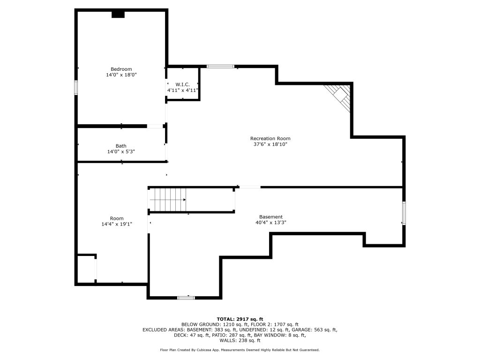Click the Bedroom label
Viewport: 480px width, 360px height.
[121, 69]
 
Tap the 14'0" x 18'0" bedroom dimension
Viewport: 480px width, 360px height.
[121, 75]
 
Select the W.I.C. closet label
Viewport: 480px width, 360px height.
[182, 84]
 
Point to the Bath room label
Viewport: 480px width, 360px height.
[121, 146]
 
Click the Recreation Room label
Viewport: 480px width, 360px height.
[270, 138]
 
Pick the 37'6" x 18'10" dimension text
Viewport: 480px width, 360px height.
[270, 144]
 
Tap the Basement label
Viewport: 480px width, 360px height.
[271, 217]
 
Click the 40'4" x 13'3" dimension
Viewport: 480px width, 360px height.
[271, 223]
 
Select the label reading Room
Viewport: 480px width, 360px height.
[117, 218]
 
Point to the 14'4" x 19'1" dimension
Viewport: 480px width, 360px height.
[117, 224]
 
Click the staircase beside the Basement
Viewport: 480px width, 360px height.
[168, 200]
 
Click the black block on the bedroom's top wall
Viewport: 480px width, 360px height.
[118, 15]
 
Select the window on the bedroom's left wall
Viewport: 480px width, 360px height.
[76, 88]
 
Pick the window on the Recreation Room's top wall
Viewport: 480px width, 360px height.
[220, 67]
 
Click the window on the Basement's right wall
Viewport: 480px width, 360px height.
[404, 213]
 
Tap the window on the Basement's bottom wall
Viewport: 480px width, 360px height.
[186, 298]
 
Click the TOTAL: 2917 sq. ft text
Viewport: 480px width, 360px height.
[240, 319]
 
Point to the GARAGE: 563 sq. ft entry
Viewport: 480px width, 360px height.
[315, 330]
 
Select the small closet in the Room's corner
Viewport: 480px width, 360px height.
[86, 269]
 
